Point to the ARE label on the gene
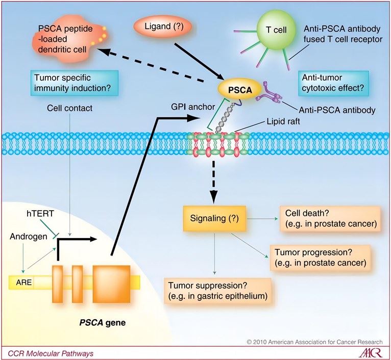(21, 281)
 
